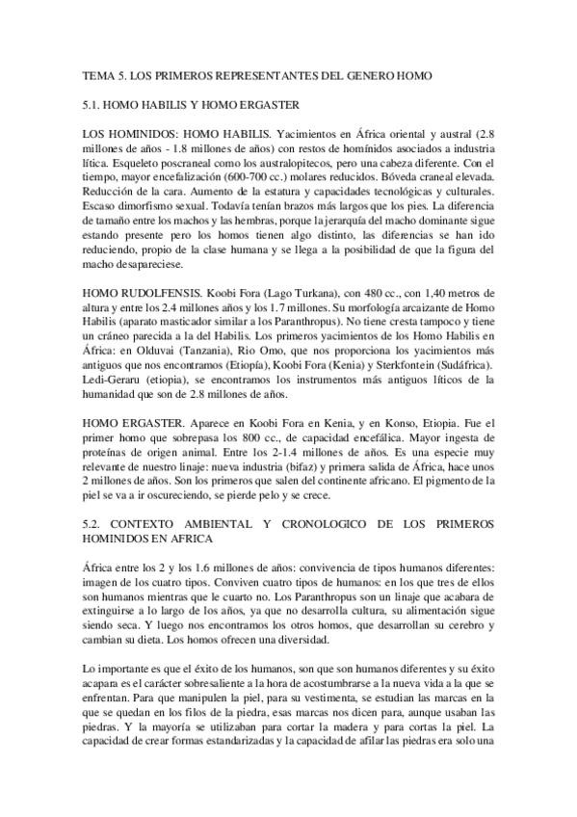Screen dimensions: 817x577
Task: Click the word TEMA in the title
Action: (95, 75)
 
